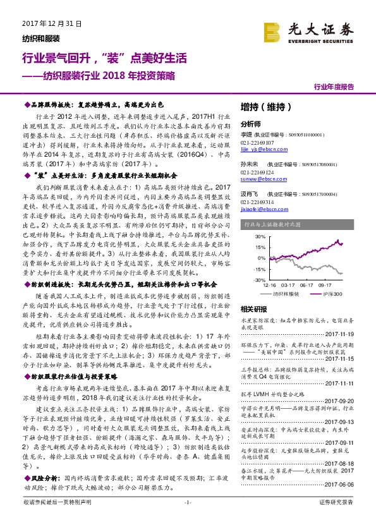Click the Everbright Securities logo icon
click(x=274, y=30)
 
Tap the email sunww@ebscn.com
click(x=257, y=179)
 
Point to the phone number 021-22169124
click(x=258, y=172)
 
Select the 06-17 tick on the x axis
click(x=308, y=285)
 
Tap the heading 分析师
click(x=251, y=124)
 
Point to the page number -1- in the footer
click(x=187, y=519)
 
